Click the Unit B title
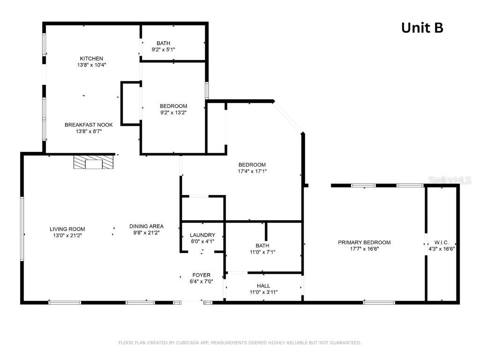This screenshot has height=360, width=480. pyautogui.click(x=422, y=28)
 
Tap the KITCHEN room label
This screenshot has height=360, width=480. pyautogui.click(x=91, y=59)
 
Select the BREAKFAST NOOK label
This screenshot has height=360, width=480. pyautogui.click(x=89, y=125)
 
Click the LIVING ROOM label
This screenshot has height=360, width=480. pyautogui.click(x=67, y=229)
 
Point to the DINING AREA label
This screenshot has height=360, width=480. pyautogui.click(x=146, y=226)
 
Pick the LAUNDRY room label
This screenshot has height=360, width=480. pyautogui.click(x=202, y=235)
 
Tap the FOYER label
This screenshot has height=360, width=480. pyautogui.click(x=202, y=275)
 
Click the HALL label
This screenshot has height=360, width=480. pyautogui.click(x=263, y=285)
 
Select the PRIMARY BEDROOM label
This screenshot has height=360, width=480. pyautogui.click(x=364, y=242)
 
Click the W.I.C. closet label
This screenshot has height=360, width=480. pyautogui.click(x=442, y=242)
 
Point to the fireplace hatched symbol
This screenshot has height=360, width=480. pyautogui.click(x=94, y=162)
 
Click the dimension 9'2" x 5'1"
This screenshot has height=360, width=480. pyautogui.click(x=164, y=50)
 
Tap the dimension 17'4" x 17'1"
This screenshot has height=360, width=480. pyautogui.click(x=252, y=171)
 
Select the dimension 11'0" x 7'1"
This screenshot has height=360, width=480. pyautogui.click(x=262, y=252)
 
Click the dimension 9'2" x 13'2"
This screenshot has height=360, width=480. pyautogui.click(x=173, y=112)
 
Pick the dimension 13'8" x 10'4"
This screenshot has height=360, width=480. pyautogui.click(x=91, y=65)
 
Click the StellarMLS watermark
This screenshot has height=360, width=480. pyautogui.click(x=450, y=180)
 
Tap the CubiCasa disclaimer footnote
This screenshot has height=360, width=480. pyautogui.click(x=240, y=343)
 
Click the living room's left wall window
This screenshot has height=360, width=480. pyautogui.click(x=22, y=229)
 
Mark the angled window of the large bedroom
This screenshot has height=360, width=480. pyautogui.click(x=288, y=117)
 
